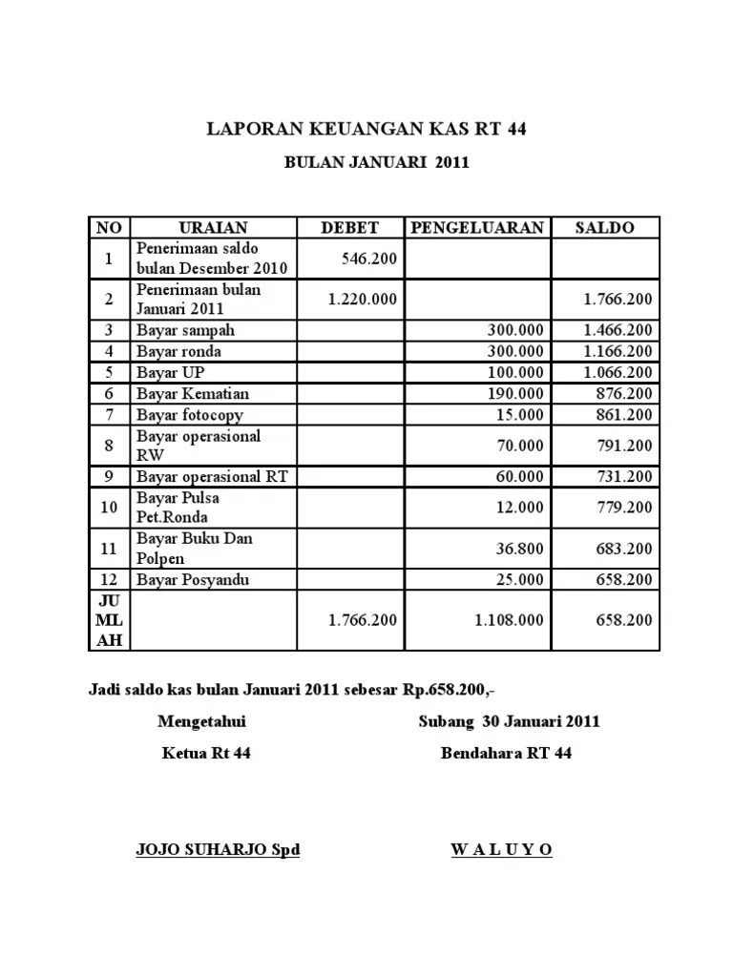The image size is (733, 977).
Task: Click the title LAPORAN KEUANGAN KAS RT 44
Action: (367, 129)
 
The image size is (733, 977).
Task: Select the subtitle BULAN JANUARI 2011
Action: (377, 163)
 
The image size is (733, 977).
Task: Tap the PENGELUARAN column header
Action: (477, 227)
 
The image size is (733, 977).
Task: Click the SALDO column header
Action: (604, 227)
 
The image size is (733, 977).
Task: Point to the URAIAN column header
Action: (214, 227)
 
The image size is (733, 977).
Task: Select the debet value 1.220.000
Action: (362, 300)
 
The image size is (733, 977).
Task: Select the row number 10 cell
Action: (109, 508)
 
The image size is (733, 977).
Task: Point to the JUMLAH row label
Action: (109, 620)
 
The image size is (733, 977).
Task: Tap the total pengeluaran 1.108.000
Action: (509, 620)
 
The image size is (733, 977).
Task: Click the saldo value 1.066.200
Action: (618, 372)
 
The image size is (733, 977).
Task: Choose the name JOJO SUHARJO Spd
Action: (219, 850)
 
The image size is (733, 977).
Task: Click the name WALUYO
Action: (501, 850)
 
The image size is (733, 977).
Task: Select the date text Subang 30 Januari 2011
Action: (509, 721)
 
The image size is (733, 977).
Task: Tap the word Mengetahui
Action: (207, 721)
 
